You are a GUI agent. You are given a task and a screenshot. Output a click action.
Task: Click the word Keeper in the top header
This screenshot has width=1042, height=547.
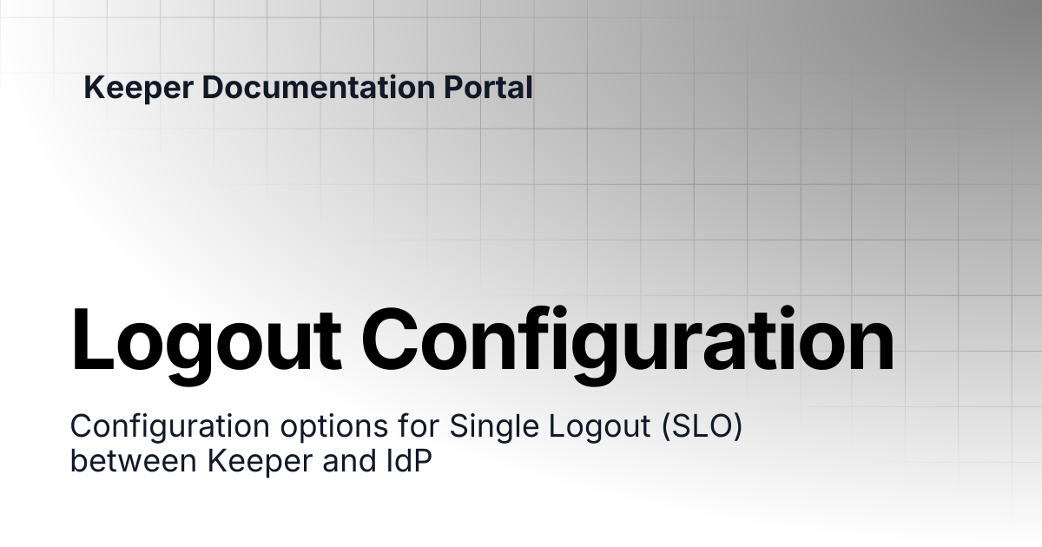point(139,89)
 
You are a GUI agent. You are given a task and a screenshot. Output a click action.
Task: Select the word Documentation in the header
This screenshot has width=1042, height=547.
point(318,87)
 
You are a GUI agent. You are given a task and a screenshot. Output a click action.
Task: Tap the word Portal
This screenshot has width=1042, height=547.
point(488,87)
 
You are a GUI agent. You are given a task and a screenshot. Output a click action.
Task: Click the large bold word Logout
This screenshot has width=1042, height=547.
point(206,345)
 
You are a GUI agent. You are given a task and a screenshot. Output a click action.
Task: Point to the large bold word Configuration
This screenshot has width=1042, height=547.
point(628,345)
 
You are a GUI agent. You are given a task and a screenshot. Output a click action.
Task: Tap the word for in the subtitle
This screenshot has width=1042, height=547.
point(419,425)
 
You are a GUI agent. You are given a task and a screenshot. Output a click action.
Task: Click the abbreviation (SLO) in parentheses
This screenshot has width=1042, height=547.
point(702,426)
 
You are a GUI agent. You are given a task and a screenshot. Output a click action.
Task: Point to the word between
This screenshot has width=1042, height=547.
point(134,460)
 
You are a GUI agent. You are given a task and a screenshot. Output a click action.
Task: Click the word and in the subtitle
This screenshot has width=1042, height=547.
point(349,460)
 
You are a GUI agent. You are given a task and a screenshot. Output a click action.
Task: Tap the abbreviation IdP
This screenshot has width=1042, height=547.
point(409,460)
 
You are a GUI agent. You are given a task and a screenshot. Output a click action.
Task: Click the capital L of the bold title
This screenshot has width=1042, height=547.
point(92,339)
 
